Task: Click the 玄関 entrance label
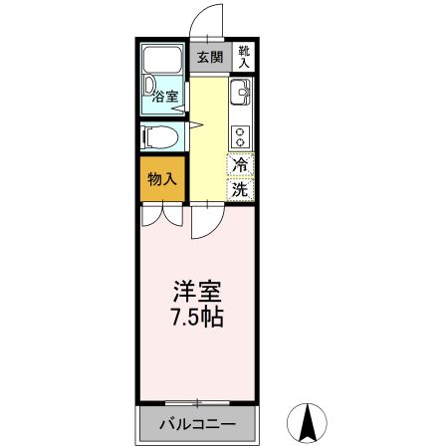(209, 57)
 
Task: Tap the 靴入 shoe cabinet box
(244, 57)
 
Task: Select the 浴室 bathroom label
(166, 98)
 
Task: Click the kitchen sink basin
(242, 96)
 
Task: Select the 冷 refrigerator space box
(241, 165)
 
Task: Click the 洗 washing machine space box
(241, 187)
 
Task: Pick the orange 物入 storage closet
(162, 180)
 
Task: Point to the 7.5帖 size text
(196, 319)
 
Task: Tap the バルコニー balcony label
(198, 425)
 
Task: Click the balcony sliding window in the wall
(198, 402)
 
